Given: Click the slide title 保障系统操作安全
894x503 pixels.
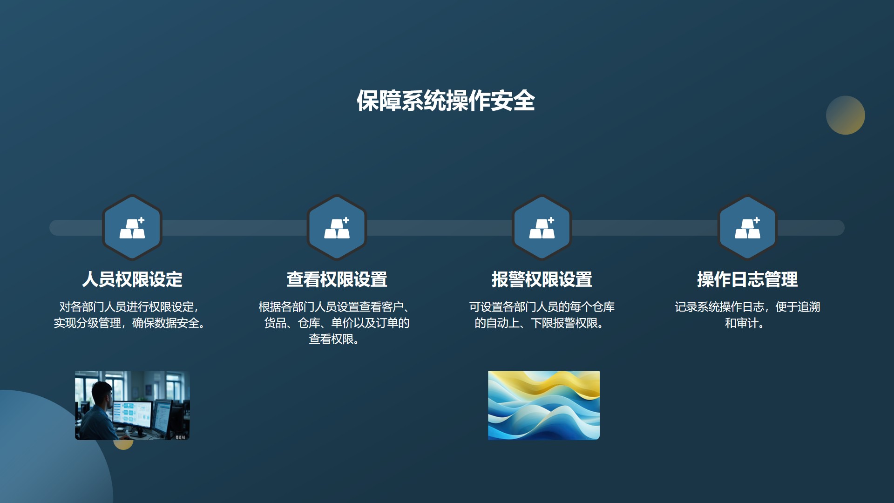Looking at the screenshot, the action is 446,101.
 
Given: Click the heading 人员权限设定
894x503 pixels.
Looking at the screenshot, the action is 132,279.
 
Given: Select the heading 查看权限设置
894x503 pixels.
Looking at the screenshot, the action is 337,279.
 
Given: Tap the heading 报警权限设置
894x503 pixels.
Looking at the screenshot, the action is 542,279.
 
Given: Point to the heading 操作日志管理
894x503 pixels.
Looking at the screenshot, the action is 747,279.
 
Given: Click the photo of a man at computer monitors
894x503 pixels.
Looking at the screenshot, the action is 132,405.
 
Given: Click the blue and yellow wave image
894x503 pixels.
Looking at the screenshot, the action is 544,405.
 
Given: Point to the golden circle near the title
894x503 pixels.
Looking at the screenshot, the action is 845,115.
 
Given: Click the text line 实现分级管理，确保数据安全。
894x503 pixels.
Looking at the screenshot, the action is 130,323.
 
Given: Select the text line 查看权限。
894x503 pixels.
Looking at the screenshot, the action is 334,339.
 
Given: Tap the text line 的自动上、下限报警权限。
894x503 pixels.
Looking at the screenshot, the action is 539,323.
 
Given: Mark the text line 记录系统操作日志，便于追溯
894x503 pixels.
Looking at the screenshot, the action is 747,307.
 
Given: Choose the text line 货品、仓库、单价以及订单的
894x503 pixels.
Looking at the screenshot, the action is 337,323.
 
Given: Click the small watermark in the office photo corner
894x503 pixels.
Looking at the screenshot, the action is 180,437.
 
